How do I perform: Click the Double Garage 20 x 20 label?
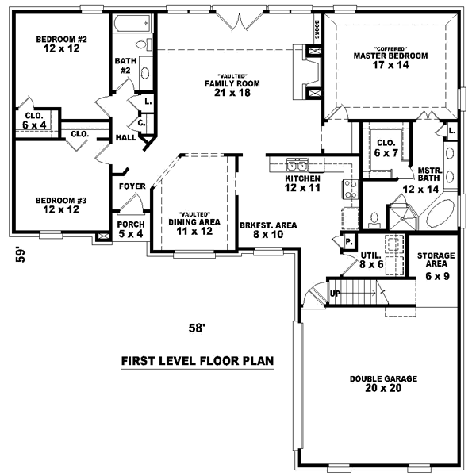coord(383,384)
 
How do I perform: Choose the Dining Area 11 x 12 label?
coord(193,226)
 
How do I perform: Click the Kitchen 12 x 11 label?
coord(302,183)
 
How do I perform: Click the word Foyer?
coord(132,186)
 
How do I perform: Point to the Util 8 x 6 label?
coord(372,259)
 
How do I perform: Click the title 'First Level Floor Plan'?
coord(197,361)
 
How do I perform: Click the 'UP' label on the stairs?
coord(336,294)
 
